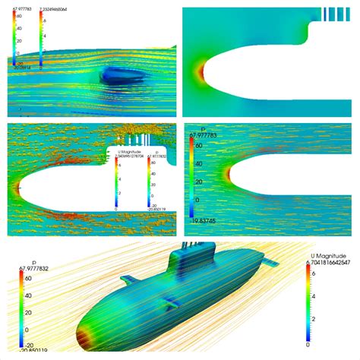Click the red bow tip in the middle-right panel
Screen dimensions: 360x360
click(227, 174)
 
